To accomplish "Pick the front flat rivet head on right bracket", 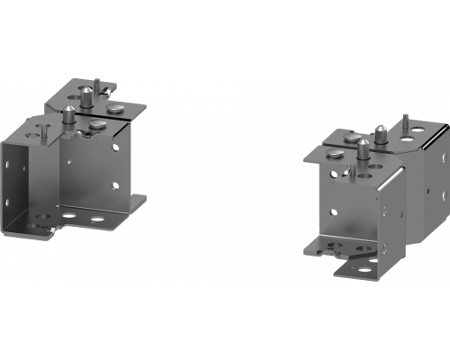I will [334, 153].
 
